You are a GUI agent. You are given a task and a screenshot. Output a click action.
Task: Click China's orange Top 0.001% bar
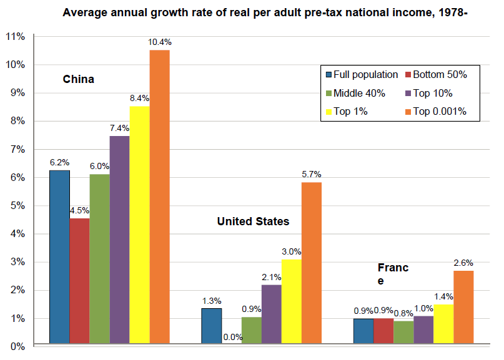pyautogui.click(x=159, y=197)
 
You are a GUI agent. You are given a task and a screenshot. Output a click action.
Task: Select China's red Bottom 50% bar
pyautogui.click(x=79, y=281)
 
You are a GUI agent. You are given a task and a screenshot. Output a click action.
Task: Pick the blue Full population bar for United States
pyautogui.click(x=211, y=326)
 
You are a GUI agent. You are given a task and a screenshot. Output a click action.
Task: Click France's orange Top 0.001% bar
pyautogui.click(x=463, y=307)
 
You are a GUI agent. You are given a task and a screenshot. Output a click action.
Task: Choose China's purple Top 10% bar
pyautogui.click(x=119, y=240)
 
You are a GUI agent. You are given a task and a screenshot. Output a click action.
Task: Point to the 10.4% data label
pyautogui.click(x=160, y=42)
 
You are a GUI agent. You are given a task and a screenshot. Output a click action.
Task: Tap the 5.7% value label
pyautogui.click(x=311, y=174)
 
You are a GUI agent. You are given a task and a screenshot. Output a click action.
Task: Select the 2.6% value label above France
pyautogui.click(x=463, y=263)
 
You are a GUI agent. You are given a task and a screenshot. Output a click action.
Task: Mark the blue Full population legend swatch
pyautogui.click(x=328, y=75)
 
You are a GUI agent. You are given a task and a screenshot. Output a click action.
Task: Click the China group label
pyautogui.click(x=79, y=79)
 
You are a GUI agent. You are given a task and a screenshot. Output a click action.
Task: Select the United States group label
pyautogui.click(x=253, y=221)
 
